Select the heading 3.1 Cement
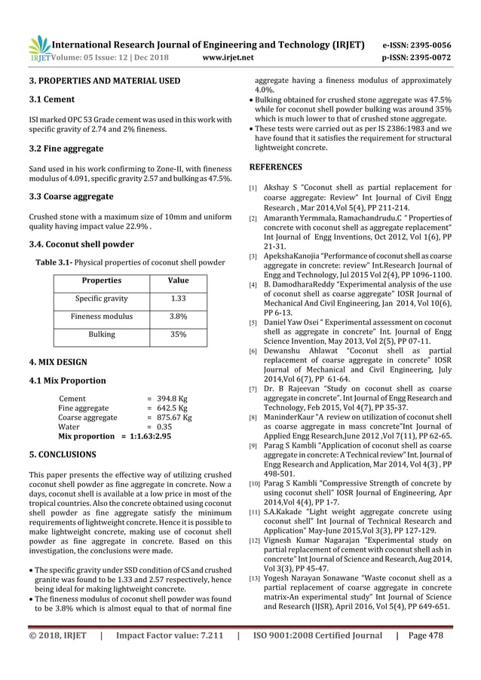click(49, 98)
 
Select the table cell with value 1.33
click(178, 299)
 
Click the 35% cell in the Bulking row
click(178, 334)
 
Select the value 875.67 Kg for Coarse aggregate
click(175, 416)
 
